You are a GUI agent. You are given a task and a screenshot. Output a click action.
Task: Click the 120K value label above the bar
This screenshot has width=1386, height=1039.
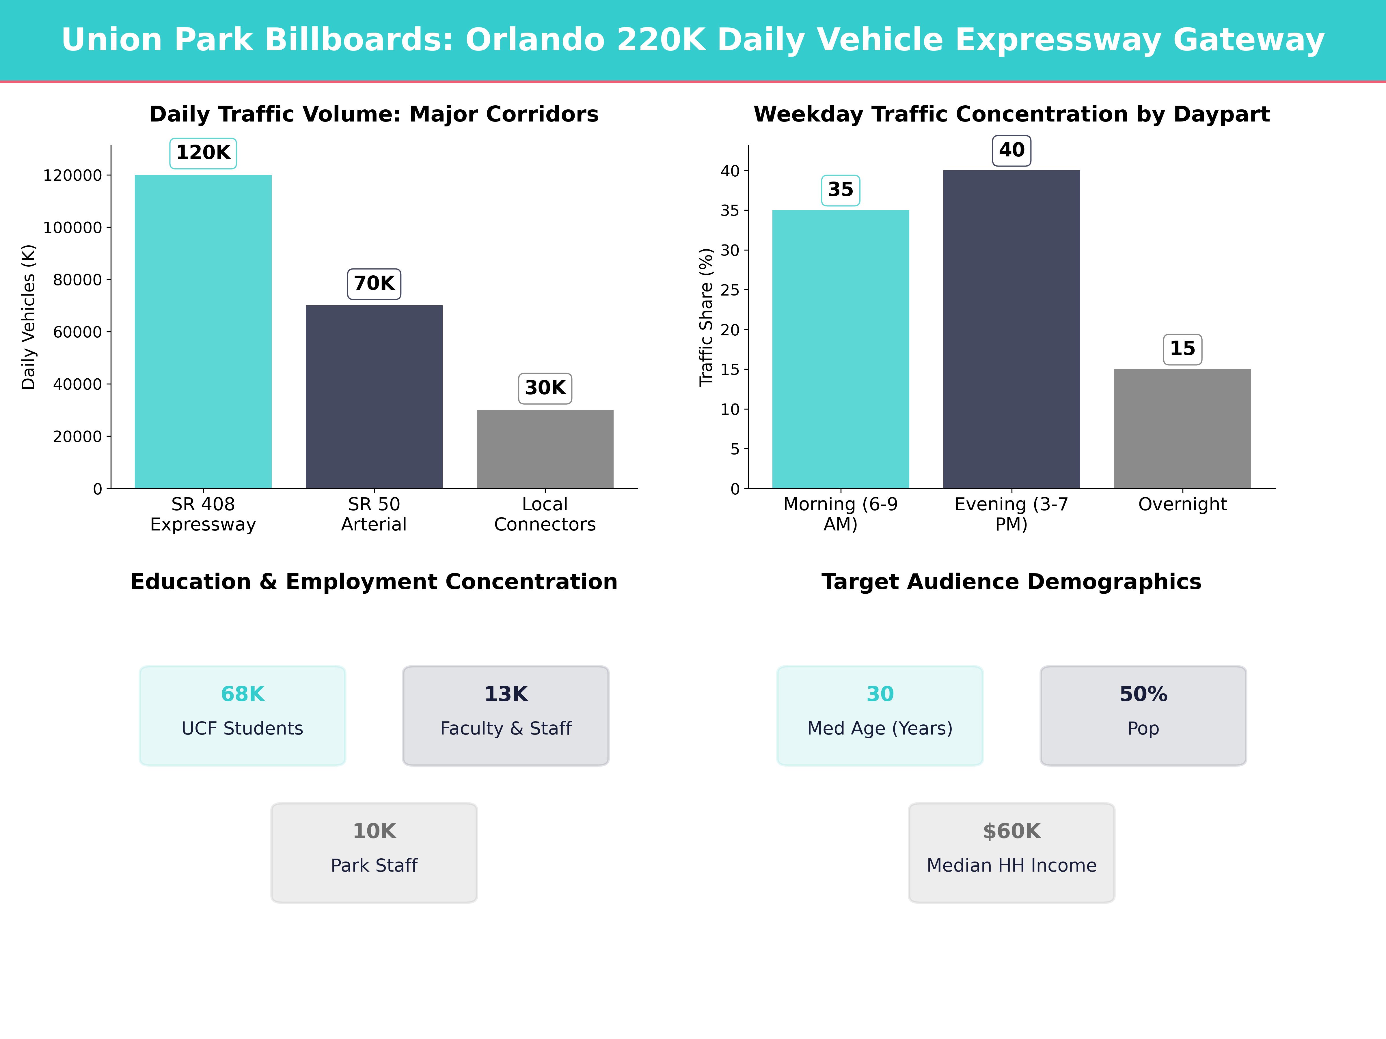(x=203, y=153)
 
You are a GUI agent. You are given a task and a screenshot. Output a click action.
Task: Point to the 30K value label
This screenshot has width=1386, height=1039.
(x=545, y=388)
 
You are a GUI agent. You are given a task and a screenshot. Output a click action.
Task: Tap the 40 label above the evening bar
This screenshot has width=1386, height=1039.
(x=1011, y=150)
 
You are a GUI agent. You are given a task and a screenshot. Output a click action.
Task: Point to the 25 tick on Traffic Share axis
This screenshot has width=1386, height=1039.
(x=730, y=290)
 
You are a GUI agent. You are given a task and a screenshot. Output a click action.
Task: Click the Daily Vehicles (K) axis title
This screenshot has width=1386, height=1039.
(x=28, y=317)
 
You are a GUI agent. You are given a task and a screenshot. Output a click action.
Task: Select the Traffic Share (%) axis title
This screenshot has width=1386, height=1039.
(x=706, y=317)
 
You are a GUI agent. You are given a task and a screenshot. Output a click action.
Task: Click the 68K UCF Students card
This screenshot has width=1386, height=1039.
(x=243, y=715)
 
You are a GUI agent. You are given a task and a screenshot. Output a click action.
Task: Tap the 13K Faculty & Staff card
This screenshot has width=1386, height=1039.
(x=506, y=715)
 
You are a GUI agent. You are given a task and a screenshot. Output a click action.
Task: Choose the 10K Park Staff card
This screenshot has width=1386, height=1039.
(x=374, y=852)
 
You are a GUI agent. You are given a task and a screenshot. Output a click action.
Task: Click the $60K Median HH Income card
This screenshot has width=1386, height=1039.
(x=1011, y=852)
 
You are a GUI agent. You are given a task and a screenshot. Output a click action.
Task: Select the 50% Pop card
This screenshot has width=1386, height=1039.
(x=1143, y=715)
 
